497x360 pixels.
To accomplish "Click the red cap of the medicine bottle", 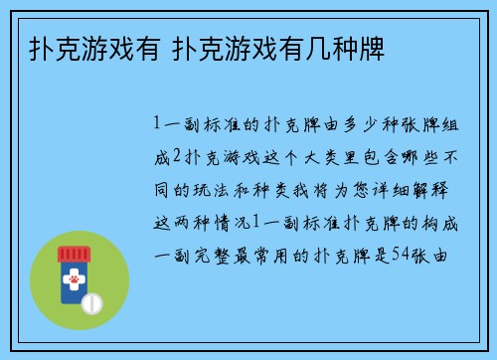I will (75, 255).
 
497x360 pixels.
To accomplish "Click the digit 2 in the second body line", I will (178, 156).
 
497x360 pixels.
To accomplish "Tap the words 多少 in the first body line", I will (355, 124).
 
